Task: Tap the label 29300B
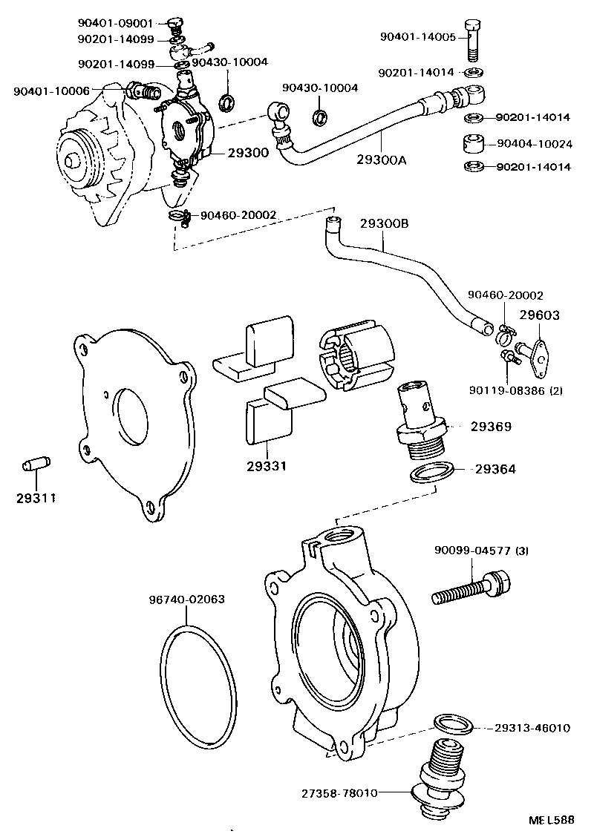[x=385, y=223]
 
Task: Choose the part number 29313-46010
[x=532, y=728]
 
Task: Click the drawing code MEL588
[x=550, y=820]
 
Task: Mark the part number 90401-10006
[x=51, y=91]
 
